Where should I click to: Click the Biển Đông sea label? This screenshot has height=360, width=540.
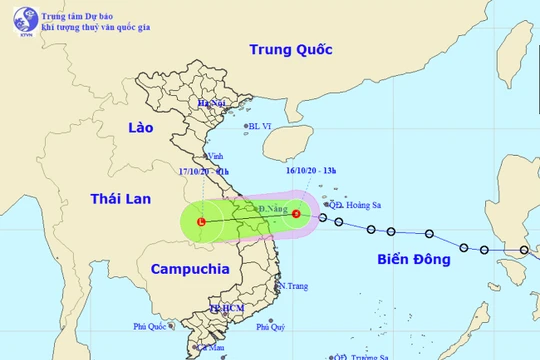pos(412,259)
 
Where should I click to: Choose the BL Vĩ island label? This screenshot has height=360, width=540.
pos(262,126)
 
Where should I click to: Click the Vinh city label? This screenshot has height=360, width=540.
pos(213,156)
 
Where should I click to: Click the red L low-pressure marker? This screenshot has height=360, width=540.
pos(202,221)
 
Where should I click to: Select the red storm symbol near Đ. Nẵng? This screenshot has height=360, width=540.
pos(295,212)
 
